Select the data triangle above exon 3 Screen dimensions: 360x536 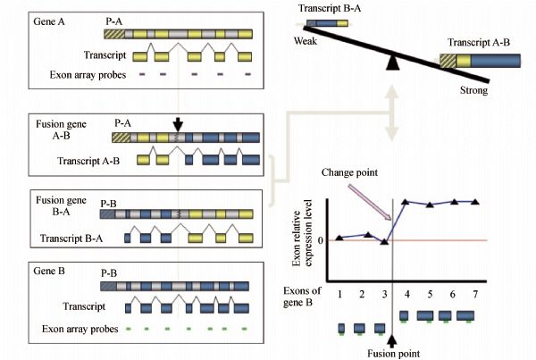(x=384, y=241)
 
